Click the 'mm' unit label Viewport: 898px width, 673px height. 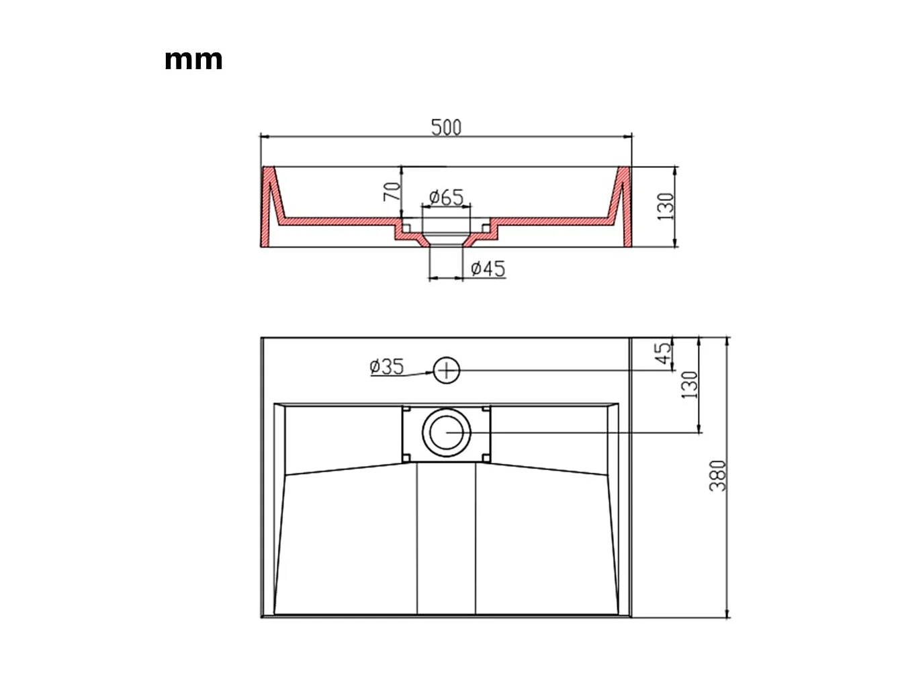coord(193,60)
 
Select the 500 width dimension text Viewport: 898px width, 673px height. coord(447,127)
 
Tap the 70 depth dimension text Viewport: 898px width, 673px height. coord(392,191)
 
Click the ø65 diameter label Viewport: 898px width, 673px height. coord(447,197)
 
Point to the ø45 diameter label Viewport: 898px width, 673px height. coord(488,269)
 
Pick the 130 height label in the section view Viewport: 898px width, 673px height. coord(665,206)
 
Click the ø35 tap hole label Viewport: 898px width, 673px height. coord(386,367)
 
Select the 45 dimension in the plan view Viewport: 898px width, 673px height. coord(663,353)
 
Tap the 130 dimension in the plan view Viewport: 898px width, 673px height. coord(690,385)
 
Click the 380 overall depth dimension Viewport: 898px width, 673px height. coord(718,476)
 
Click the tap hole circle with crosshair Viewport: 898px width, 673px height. coord(446,370)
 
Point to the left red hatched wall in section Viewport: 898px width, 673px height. coord(267,208)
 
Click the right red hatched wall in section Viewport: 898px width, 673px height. coord(625,208)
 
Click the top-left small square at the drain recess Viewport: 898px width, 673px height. coord(406,409)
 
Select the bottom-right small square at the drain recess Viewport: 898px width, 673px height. coord(487,457)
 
